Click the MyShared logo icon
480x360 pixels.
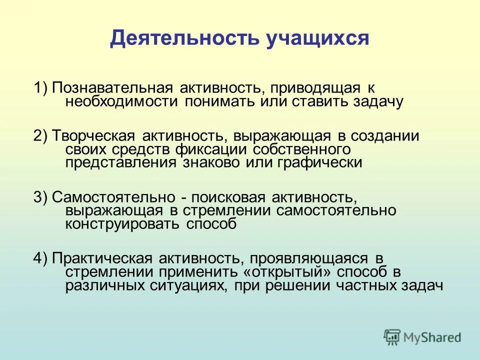(392, 337)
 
